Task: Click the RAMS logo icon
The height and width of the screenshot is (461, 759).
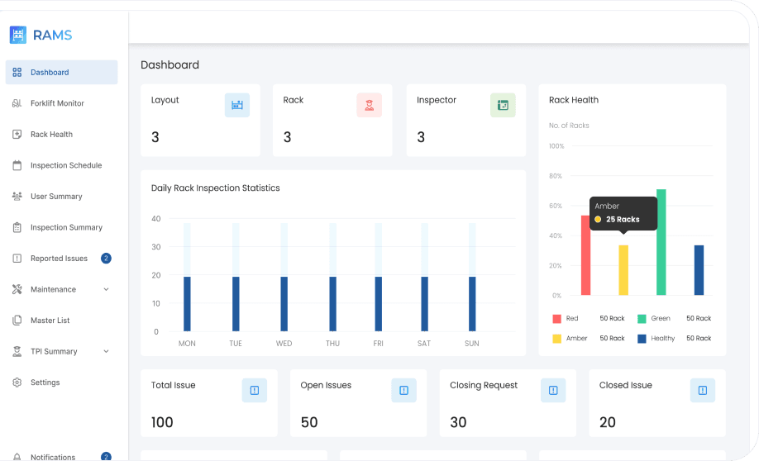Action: pyautogui.click(x=18, y=35)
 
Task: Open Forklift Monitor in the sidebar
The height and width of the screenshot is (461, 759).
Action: pyautogui.click(x=57, y=103)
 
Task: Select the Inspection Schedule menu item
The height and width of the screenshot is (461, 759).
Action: pyautogui.click(x=66, y=165)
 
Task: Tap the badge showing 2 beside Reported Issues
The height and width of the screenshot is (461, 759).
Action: pyautogui.click(x=106, y=259)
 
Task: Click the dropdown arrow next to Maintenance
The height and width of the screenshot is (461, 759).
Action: pyautogui.click(x=106, y=290)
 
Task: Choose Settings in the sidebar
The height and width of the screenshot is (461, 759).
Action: pyautogui.click(x=45, y=383)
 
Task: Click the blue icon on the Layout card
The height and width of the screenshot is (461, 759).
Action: pyautogui.click(x=237, y=105)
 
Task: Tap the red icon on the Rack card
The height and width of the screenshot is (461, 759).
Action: pyautogui.click(x=369, y=105)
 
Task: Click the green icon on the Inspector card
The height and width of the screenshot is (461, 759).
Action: pyautogui.click(x=503, y=105)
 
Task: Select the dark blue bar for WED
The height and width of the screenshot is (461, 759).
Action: pyautogui.click(x=284, y=304)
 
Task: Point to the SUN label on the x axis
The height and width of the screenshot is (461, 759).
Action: pyautogui.click(x=471, y=344)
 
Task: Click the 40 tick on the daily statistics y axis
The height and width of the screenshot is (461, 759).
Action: pyautogui.click(x=155, y=219)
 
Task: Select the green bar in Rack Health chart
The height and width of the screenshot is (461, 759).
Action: pyautogui.click(x=661, y=242)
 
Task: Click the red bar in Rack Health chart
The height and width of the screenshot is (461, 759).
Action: pyautogui.click(x=585, y=255)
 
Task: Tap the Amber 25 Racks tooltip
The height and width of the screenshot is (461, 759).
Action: pyautogui.click(x=623, y=213)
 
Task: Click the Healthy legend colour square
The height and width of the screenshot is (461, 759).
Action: pyautogui.click(x=642, y=339)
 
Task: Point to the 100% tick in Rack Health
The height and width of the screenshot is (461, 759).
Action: pyautogui.click(x=556, y=146)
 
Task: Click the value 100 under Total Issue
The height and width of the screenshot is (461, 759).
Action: pyautogui.click(x=162, y=422)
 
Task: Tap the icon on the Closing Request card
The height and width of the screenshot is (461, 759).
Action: pyautogui.click(x=553, y=391)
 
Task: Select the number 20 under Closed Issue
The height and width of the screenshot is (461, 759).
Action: pyautogui.click(x=608, y=422)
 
